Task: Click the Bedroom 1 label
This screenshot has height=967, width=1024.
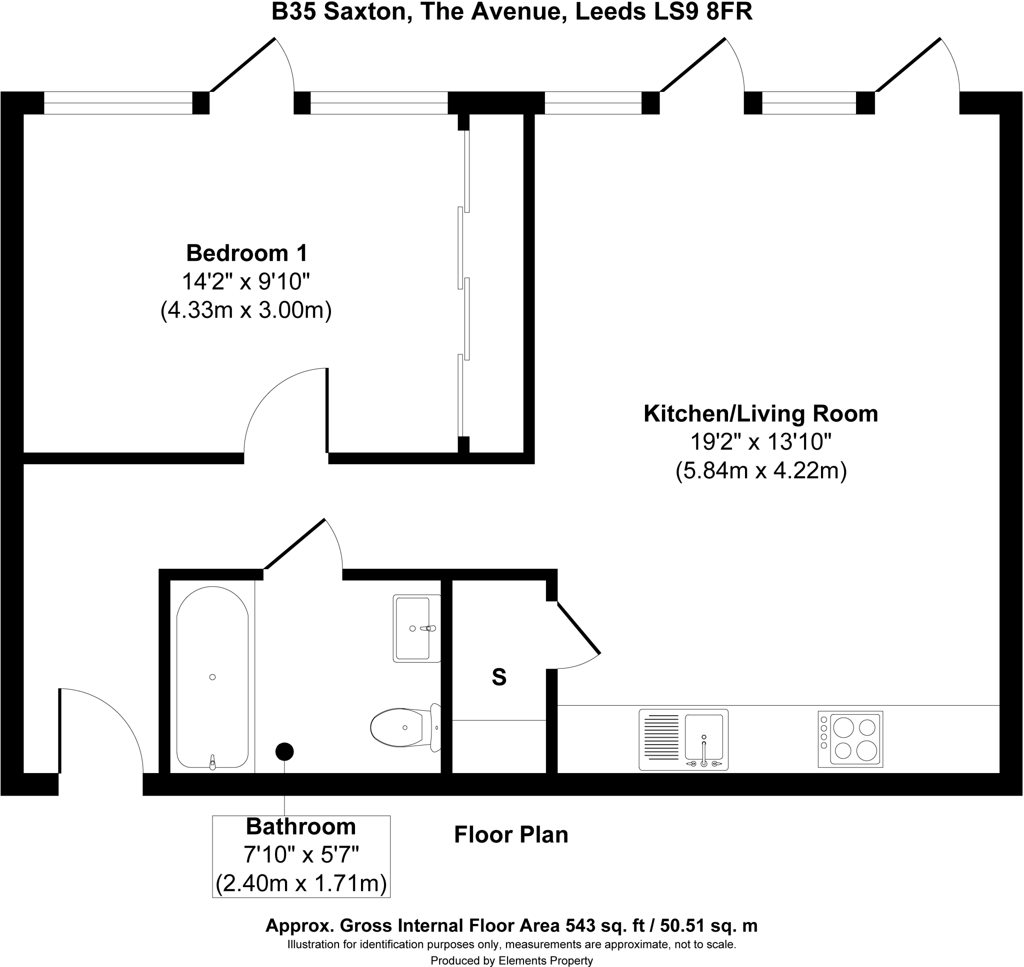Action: click(x=246, y=253)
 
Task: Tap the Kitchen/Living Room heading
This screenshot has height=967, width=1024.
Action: click(x=760, y=414)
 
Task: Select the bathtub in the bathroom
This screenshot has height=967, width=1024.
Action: click(x=212, y=677)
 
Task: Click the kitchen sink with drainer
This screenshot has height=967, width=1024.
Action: click(x=683, y=740)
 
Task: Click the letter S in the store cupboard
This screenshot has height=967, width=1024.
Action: click(x=498, y=677)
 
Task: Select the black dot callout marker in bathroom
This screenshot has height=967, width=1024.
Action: click(x=284, y=752)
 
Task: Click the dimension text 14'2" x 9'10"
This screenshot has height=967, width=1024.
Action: click(x=246, y=282)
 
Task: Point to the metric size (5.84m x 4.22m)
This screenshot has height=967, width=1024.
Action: click(x=761, y=471)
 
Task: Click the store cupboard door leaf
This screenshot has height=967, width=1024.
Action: click(x=578, y=628)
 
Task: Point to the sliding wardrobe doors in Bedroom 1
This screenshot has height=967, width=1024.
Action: click(x=463, y=283)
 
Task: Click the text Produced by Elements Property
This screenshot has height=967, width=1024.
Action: click(x=511, y=961)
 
